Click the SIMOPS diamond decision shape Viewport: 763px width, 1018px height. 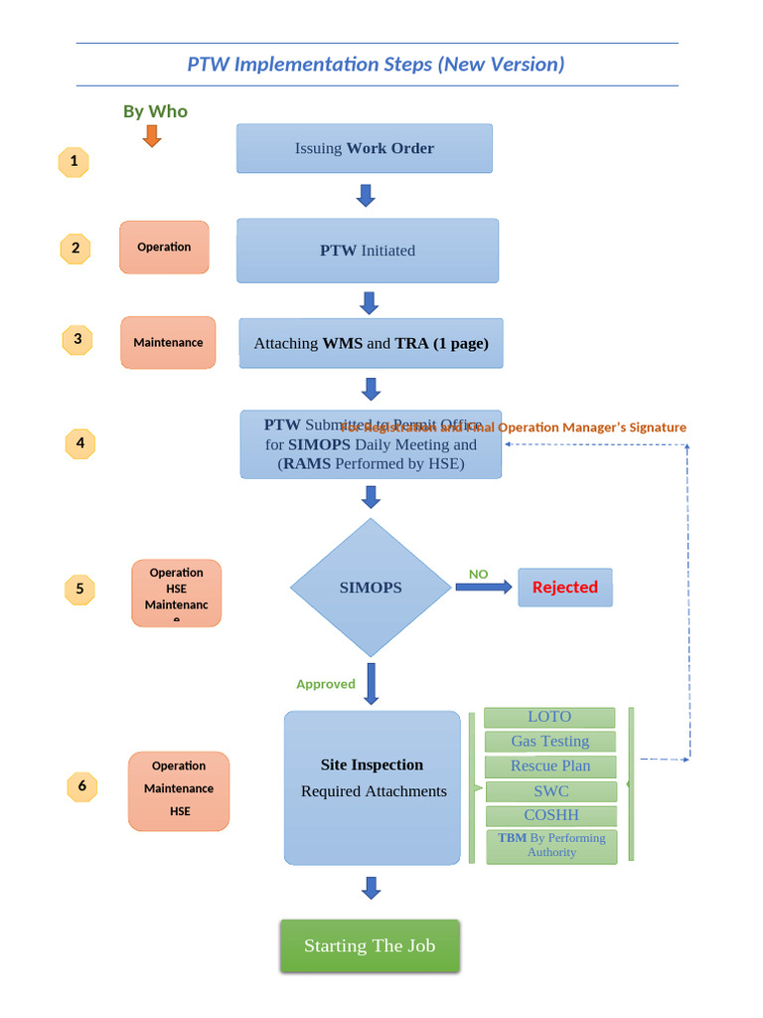click(371, 588)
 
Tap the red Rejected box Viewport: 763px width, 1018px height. click(565, 587)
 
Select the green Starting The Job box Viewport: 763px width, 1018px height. click(370, 945)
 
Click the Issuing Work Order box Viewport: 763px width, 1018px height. click(365, 148)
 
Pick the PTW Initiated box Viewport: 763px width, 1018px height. click(368, 251)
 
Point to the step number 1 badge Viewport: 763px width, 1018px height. click(74, 161)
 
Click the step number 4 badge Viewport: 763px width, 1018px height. click(80, 443)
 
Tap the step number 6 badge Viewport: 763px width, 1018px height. click(82, 786)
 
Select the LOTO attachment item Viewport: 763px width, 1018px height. click(549, 717)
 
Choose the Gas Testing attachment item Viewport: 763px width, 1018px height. click(549, 742)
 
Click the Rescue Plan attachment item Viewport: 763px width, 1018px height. click(549, 766)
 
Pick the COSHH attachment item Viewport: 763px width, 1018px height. click(550, 816)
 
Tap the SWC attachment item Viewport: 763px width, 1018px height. click(550, 791)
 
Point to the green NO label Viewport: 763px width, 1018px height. click(479, 574)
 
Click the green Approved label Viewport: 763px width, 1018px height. click(326, 684)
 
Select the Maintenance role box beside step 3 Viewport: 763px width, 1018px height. click(168, 343)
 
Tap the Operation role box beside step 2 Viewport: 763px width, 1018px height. click(164, 248)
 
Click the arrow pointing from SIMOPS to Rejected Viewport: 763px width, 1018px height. click(484, 588)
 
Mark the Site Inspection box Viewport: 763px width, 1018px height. click(373, 787)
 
